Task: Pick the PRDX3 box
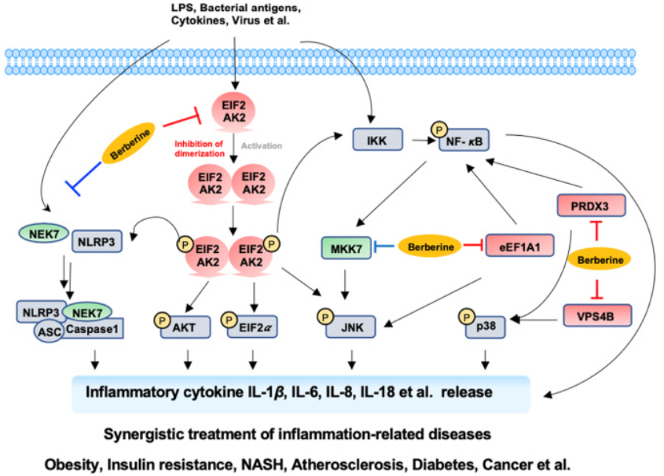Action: pyautogui.click(x=586, y=206)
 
